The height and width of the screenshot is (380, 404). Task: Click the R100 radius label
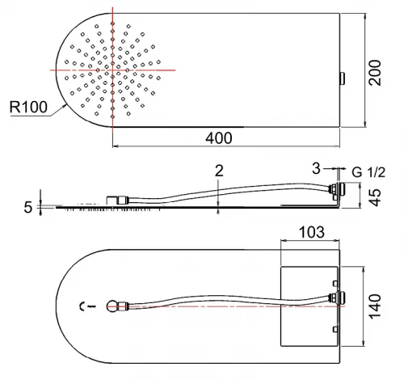(x=28, y=107)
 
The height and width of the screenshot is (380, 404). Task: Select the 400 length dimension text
(x=219, y=138)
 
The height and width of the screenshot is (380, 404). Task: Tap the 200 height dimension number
(x=375, y=73)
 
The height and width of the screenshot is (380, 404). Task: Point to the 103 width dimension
(x=312, y=232)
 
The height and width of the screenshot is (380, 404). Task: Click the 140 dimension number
(x=375, y=306)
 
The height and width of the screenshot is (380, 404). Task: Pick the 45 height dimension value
(x=375, y=197)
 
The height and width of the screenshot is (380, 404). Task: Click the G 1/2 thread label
(x=368, y=172)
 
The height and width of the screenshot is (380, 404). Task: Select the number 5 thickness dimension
(x=28, y=208)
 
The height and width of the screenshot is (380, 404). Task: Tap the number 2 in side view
(x=219, y=171)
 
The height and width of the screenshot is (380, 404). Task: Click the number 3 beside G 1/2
(x=316, y=168)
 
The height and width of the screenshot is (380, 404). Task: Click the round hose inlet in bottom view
(x=112, y=306)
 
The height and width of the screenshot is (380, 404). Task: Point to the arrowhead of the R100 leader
(x=65, y=106)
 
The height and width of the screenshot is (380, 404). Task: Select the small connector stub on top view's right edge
(x=343, y=78)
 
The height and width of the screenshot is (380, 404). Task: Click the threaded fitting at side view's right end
(x=337, y=188)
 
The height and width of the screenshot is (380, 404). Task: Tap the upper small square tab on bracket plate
(x=335, y=283)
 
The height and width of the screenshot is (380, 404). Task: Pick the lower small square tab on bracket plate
(x=335, y=329)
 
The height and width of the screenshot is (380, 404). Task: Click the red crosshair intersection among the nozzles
(x=112, y=70)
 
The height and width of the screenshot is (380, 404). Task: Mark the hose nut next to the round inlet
(x=123, y=306)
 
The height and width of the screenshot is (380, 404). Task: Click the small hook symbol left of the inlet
(x=82, y=306)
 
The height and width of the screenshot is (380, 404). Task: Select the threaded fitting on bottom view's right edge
(x=337, y=298)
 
